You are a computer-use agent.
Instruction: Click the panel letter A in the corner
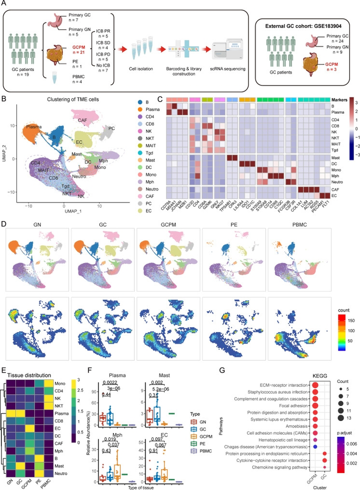pos(4,4)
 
